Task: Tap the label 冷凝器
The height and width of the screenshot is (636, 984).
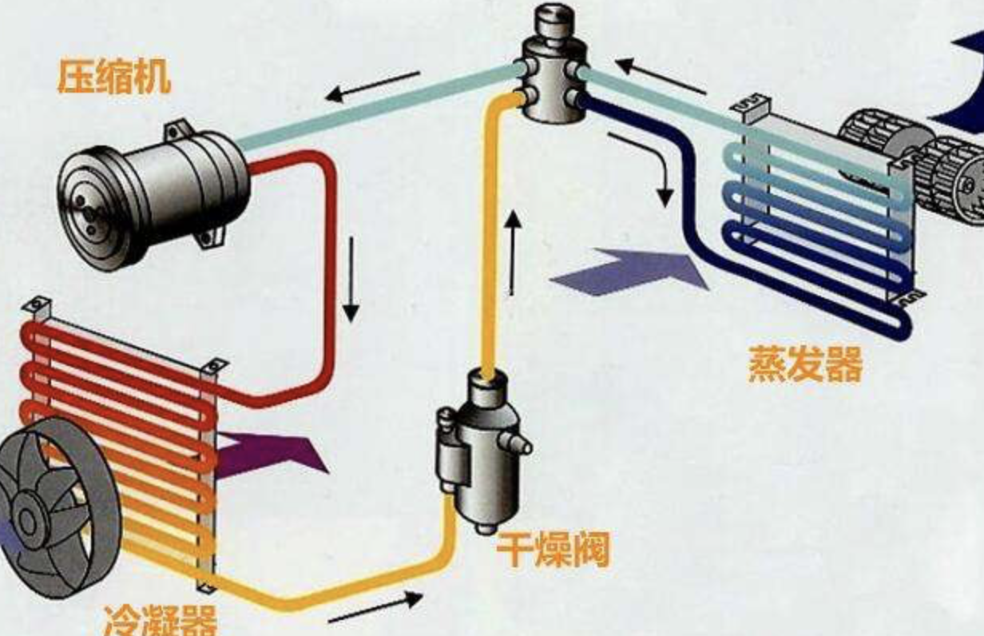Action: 160,618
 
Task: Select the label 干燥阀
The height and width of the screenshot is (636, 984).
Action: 553,551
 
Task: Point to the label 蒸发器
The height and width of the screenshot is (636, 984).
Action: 805,364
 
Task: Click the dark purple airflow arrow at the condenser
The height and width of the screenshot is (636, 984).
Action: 272,454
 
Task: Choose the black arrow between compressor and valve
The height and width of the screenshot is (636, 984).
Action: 373,86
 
